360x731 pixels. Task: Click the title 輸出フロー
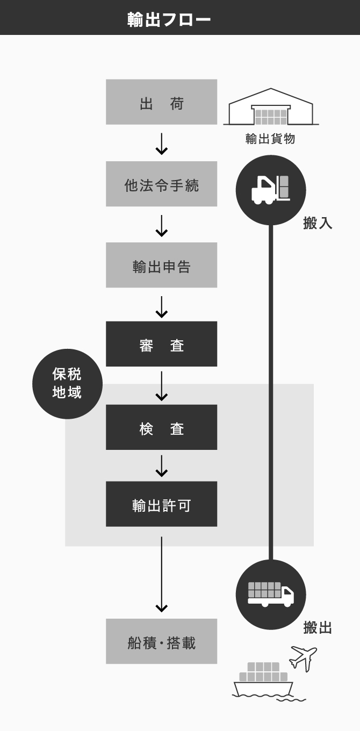[169, 19]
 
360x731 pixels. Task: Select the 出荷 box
[161, 102]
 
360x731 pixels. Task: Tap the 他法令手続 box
[161, 184]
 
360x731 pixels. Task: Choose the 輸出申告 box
[161, 265]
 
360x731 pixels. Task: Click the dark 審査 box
[161, 344]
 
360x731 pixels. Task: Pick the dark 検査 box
[161, 427]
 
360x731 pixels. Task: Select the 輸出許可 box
[161, 504]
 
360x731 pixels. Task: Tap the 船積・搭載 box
[161, 641]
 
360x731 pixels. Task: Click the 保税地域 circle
[68, 384]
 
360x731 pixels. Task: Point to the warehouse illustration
[271, 106]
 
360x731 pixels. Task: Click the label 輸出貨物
[270, 139]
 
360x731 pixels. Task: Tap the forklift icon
[271, 190]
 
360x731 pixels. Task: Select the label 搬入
[318, 223]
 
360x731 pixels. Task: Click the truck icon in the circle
[271, 594]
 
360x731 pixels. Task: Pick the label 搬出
[318, 628]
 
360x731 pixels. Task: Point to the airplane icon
[303, 658]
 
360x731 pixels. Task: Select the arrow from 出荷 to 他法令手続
[161, 144]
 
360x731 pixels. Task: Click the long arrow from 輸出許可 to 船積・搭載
[161, 575]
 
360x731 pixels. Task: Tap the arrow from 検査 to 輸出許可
[161, 466]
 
